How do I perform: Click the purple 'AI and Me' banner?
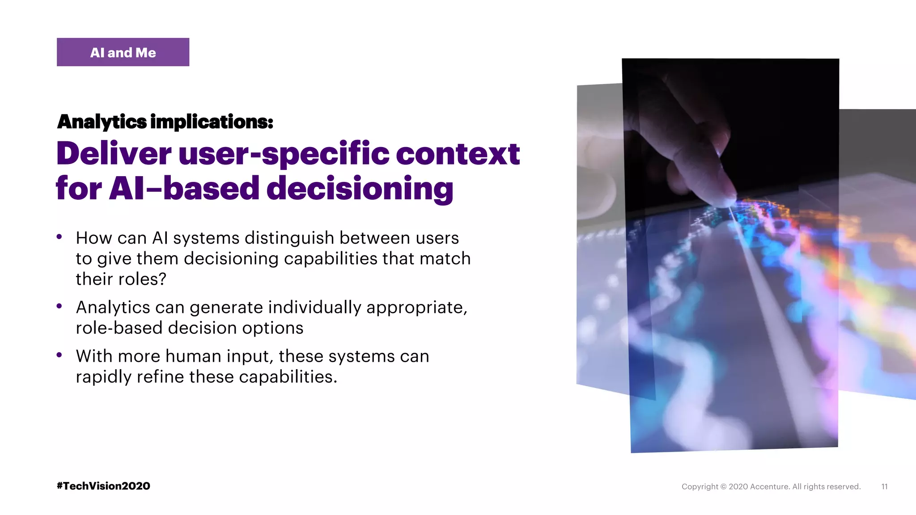[123, 52]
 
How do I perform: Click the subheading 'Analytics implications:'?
[165, 122]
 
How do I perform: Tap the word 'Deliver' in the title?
[114, 153]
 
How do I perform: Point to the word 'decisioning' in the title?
[360, 189]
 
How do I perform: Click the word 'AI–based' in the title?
[184, 188]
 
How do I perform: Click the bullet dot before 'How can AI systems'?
[59, 237]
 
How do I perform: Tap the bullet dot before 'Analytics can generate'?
[59, 306]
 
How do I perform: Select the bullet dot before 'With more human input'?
[59, 355]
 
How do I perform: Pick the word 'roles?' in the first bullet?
[143, 279]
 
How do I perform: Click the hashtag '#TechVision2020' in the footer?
[103, 486]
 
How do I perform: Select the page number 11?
[884, 486]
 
